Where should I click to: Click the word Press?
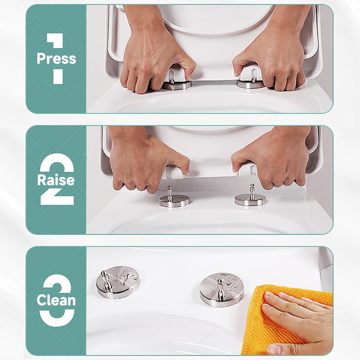point(56,58)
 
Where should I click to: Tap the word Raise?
point(56,180)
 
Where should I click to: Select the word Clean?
point(56,300)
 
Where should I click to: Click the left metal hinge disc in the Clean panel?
point(118,282)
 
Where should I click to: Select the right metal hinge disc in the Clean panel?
point(222,290)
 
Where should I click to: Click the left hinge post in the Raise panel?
point(170,193)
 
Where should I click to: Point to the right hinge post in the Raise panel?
point(252,192)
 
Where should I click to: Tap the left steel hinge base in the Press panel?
point(177,85)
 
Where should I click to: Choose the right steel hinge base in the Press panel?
point(251,84)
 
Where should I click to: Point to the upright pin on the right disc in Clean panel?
point(220,290)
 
